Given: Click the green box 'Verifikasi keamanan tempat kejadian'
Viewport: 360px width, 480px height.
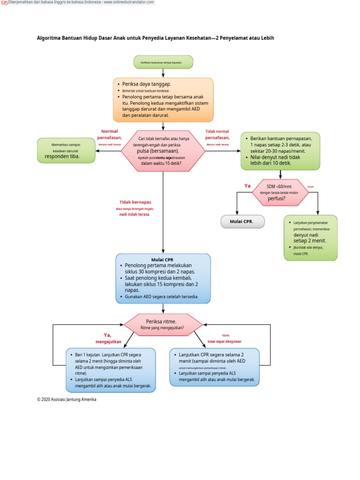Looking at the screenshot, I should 163,62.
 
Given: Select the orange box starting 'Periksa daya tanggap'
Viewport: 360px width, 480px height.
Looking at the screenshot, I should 163,99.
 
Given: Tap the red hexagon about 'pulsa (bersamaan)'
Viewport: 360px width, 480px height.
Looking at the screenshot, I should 163,151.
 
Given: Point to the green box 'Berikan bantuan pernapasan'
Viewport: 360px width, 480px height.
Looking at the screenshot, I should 280,151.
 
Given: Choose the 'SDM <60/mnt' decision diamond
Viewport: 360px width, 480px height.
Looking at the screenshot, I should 279,192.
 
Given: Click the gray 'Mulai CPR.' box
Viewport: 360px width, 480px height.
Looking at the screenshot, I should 242,222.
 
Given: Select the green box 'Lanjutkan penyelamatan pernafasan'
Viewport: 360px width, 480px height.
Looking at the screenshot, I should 310,238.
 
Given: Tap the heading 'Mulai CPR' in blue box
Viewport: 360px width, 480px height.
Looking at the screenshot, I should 163,260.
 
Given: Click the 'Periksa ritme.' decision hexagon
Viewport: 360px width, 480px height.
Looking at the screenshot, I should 163,324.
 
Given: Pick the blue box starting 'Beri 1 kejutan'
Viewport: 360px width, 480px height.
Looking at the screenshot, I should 112,370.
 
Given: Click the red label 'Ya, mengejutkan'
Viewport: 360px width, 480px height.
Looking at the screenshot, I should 108,338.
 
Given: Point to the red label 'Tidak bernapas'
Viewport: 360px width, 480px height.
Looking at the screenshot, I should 135,202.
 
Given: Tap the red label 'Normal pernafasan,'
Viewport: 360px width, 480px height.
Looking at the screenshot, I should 109,135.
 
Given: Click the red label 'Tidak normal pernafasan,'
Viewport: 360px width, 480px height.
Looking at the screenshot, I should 217,135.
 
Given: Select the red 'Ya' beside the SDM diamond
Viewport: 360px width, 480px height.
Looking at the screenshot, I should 247,186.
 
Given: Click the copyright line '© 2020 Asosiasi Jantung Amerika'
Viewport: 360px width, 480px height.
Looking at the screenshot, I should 67,399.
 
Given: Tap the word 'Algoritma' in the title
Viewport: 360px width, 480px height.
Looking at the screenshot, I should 49,38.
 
